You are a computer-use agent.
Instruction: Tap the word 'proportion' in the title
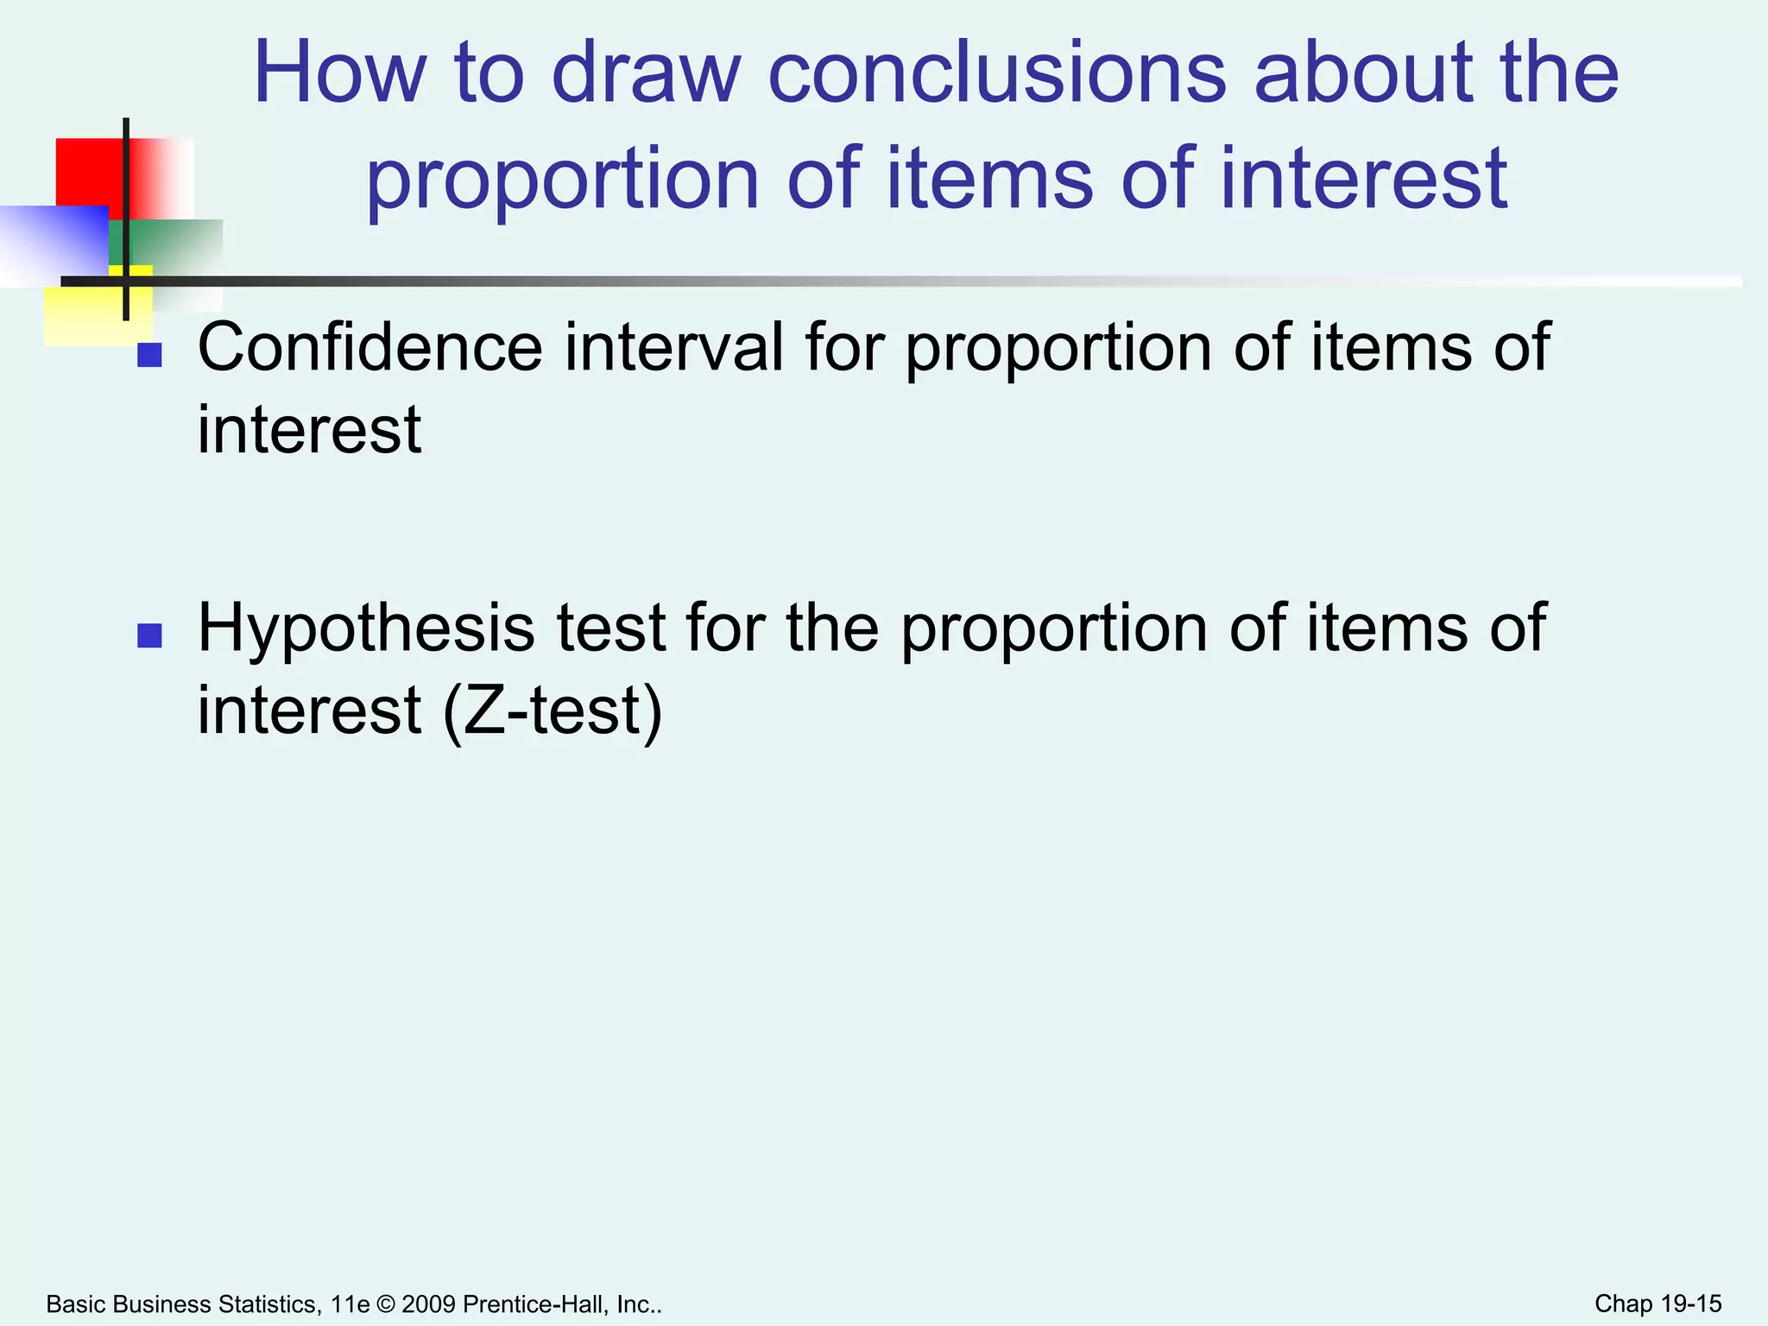pos(563,179)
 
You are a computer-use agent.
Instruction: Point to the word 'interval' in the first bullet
pos(674,347)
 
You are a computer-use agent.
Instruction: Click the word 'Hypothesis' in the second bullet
pos(366,628)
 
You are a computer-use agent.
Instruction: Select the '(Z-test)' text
pos(552,710)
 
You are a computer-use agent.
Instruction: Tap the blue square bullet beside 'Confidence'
pos(150,355)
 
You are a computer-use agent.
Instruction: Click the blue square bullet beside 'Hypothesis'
pos(150,635)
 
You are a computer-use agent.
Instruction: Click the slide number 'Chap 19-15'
pos(1657,1304)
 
